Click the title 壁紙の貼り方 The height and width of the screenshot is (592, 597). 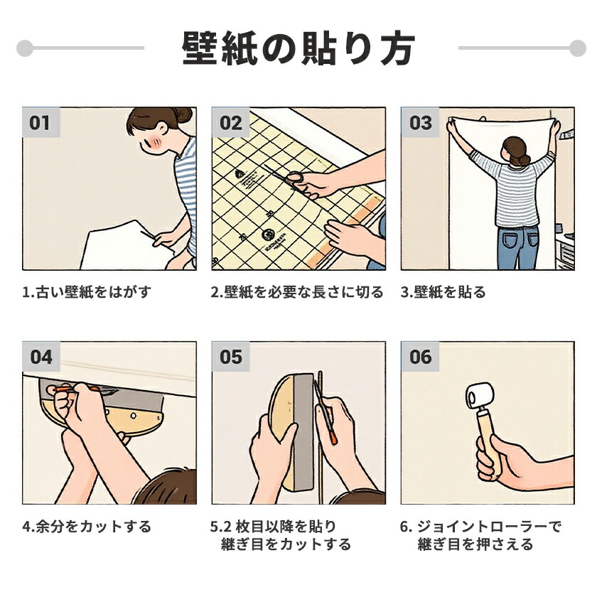tap(298, 49)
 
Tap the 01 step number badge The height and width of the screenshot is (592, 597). tap(41, 122)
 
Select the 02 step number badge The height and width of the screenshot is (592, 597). tap(231, 122)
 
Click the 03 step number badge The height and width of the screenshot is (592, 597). tap(420, 122)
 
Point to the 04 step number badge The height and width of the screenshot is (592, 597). tap(41, 356)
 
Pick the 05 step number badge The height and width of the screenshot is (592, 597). tap(231, 356)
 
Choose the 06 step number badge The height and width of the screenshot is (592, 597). tap(420, 356)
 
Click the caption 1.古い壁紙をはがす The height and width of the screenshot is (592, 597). tap(87, 292)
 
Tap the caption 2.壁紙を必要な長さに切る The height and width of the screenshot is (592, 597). tap(297, 292)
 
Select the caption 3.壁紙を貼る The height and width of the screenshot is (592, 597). tap(443, 292)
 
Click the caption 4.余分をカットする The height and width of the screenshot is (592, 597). tap(87, 527)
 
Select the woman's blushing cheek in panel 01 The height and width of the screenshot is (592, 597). tap(156, 142)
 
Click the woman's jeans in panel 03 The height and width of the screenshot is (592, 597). tap(518, 247)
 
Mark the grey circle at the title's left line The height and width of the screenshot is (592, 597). tap(25, 48)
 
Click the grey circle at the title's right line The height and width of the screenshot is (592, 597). tap(578, 48)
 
